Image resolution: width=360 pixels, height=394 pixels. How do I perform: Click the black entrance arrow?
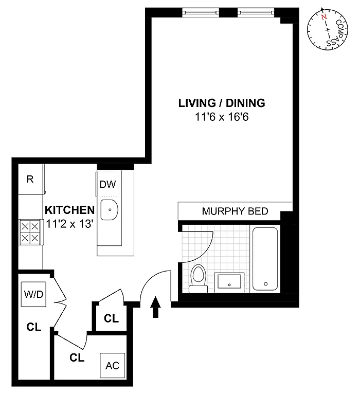point(156,307)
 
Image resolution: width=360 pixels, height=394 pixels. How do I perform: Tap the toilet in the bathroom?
point(199,279)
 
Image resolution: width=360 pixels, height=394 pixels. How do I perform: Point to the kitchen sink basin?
point(109,210)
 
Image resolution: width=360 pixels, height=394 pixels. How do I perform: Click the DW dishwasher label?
point(107,185)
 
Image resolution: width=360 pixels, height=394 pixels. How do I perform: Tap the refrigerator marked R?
point(30,179)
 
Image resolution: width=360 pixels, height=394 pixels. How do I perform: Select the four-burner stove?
point(30,232)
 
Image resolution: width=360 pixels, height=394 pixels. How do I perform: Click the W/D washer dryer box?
point(33,294)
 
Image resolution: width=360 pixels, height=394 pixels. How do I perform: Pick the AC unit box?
point(112,366)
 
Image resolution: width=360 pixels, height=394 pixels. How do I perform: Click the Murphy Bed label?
point(235,211)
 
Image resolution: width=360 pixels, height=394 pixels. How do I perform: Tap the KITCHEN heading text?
point(69,210)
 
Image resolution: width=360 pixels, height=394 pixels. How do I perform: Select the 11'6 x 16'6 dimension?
point(222,117)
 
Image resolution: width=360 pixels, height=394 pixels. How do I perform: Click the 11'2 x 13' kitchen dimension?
point(69,224)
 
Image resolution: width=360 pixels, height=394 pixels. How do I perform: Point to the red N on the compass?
point(324,17)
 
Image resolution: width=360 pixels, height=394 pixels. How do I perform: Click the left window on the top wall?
point(201,12)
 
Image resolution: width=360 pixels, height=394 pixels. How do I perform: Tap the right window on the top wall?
point(256,12)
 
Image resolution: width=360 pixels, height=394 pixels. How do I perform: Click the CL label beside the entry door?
point(111,318)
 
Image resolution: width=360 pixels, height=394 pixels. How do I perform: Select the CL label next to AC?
point(77,357)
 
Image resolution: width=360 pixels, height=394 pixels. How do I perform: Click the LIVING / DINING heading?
point(222,103)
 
